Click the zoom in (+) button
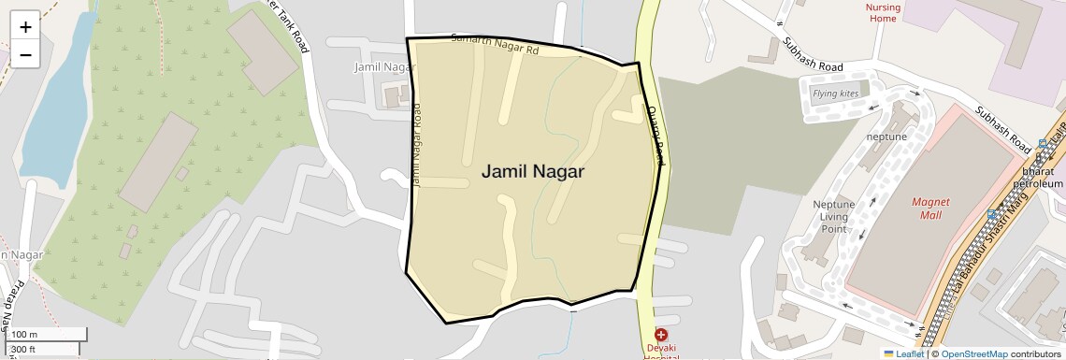[x=25, y=27]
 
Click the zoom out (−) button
[x=25, y=55]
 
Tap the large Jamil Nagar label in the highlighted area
[x=533, y=172]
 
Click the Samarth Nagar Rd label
[x=495, y=44]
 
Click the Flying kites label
[x=835, y=94]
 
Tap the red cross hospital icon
[x=661, y=335]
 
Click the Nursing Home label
[x=884, y=12]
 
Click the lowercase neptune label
[x=886, y=137]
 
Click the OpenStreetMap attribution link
[x=973, y=353]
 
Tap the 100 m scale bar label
[x=25, y=335]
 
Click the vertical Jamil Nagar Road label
[x=417, y=145]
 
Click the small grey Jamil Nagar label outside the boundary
[x=384, y=67]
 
